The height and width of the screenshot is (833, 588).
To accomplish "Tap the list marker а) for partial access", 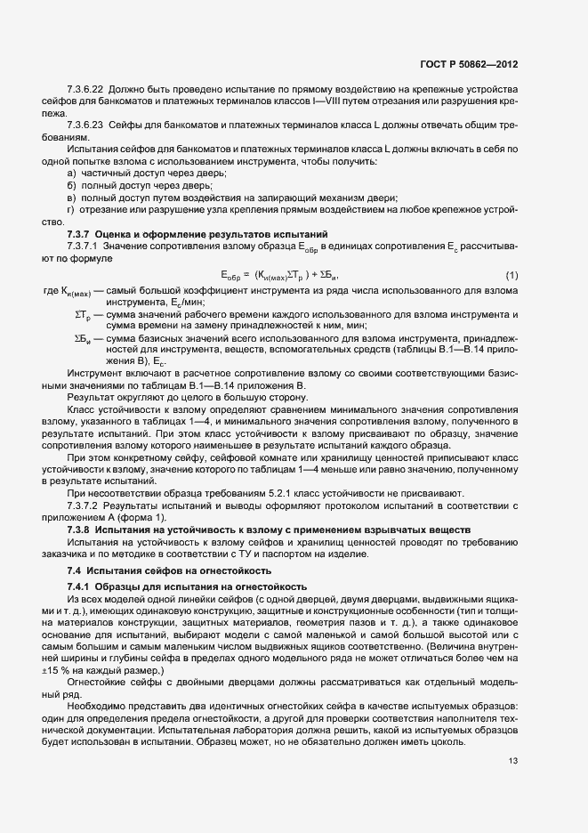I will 71,173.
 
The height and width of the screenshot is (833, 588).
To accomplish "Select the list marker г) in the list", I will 70,209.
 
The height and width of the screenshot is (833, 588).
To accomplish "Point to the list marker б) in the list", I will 71,185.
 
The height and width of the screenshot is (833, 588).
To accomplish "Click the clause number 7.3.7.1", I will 84,246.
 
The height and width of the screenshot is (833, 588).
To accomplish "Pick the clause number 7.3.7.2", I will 84,518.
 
